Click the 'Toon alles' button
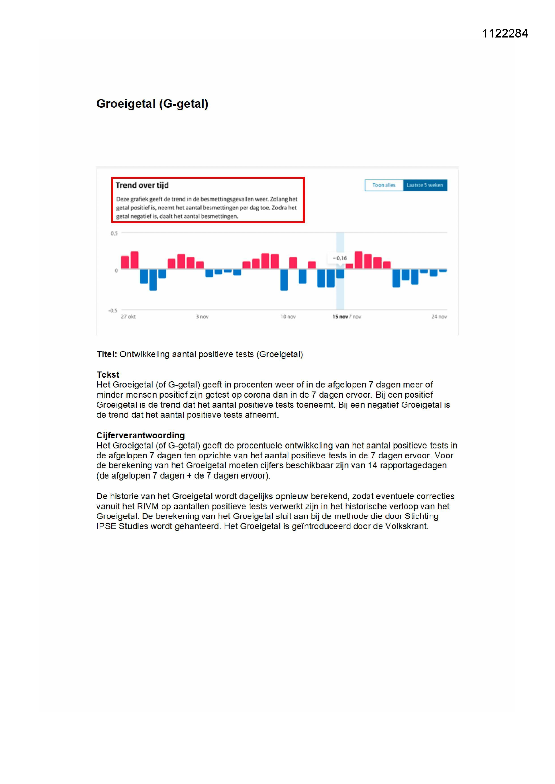[x=384, y=185]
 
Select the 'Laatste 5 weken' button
[x=425, y=185]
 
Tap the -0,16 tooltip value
[x=339, y=258]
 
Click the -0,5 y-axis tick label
[x=113, y=311]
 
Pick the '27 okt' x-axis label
[x=128, y=317]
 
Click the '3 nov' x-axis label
[x=202, y=317]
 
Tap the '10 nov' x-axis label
[x=288, y=317]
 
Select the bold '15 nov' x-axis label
[x=340, y=317]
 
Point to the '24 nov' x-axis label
[x=439, y=317]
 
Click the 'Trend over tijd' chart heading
[x=142, y=185]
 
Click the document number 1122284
[x=505, y=33]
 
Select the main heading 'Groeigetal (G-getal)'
[x=152, y=104]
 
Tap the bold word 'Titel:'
[x=107, y=354]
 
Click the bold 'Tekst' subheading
[x=108, y=374]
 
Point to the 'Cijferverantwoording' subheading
[x=141, y=435]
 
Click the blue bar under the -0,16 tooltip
[x=340, y=274]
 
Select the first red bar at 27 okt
[x=125, y=262]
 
